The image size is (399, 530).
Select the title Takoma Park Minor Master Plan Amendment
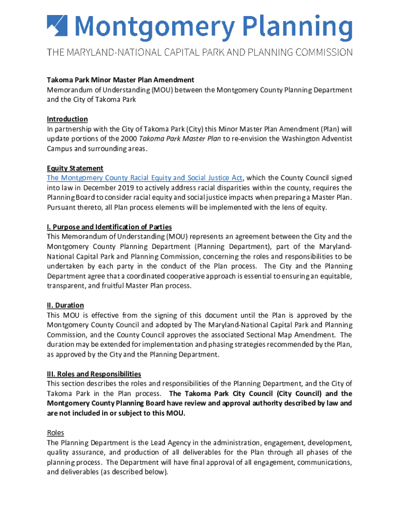pos(120,80)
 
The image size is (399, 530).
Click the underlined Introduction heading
pos(67,119)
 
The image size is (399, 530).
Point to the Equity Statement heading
pos(75,168)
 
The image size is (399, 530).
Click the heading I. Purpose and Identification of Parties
pos(109,227)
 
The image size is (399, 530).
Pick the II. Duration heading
pos(65,305)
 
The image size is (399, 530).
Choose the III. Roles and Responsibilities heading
pos(94,374)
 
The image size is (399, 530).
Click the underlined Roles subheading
pos(55,433)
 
